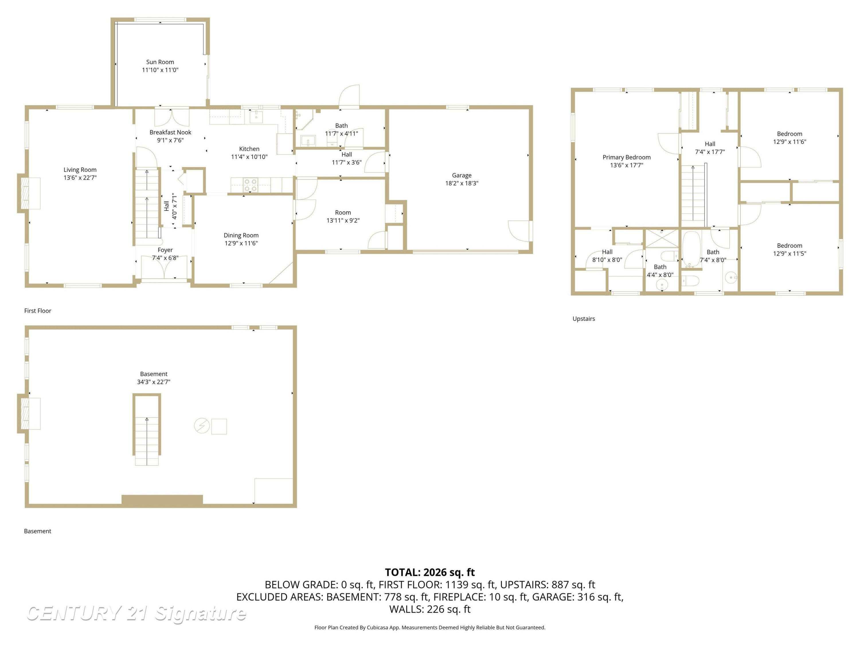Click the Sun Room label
click(x=160, y=62)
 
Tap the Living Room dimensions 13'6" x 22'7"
click(x=80, y=178)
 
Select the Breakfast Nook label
click(x=170, y=132)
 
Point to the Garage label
click(x=462, y=175)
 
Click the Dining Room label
click(x=241, y=235)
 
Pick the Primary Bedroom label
click(x=626, y=157)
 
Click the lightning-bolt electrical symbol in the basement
click(x=202, y=426)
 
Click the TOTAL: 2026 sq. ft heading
click(x=430, y=572)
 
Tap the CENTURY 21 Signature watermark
click(x=136, y=613)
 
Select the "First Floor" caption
click(x=38, y=311)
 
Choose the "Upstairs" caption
click(x=584, y=319)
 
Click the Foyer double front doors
click(x=165, y=267)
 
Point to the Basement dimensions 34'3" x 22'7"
click(x=154, y=382)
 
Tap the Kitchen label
click(x=249, y=149)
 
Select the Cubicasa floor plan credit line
click(x=430, y=627)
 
